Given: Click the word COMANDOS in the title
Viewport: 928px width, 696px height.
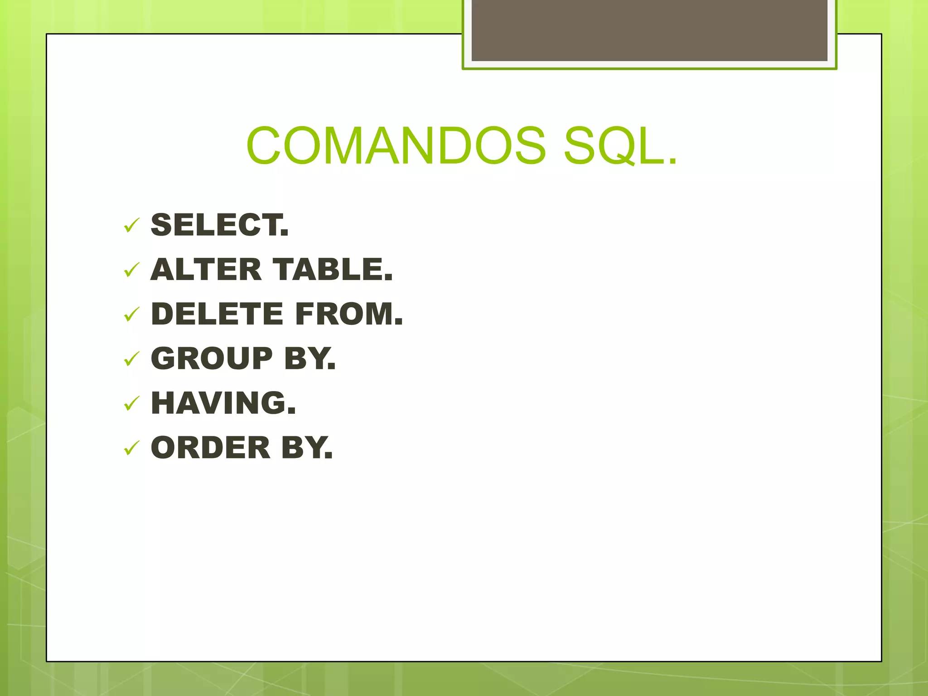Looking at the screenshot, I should coord(396,146).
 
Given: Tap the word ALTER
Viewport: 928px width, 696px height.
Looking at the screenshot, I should coord(206,270).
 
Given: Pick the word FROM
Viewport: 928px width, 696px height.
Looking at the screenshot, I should coord(347,314).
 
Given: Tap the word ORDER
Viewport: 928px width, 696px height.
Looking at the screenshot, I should coord(211,448).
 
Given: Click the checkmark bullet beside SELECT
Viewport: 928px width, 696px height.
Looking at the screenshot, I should coord(131,225).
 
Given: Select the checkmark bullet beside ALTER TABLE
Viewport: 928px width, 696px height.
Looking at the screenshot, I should coord(131,270).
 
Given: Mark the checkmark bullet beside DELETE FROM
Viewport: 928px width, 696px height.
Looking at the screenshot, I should coord(131,314).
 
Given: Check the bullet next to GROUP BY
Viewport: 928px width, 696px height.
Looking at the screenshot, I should coord(131,359).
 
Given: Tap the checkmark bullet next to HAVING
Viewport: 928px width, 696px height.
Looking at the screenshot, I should coord(131,403).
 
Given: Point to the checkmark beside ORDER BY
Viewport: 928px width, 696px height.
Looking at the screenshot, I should coord(131,448).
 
